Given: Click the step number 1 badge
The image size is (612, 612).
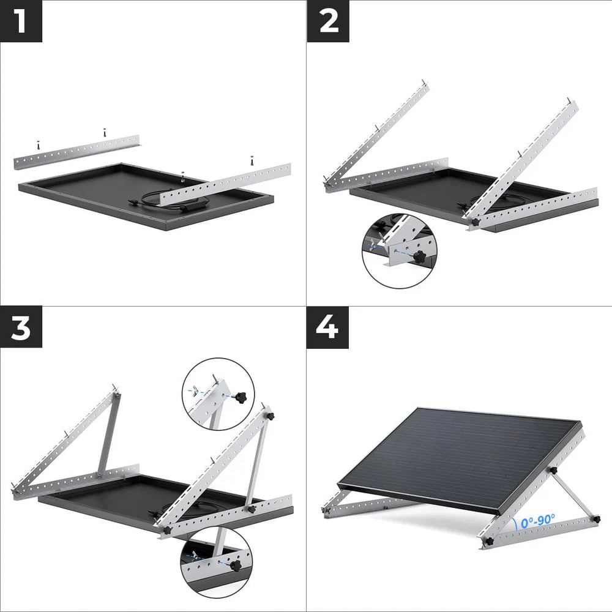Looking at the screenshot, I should pyautogui.click(x=21, y=21).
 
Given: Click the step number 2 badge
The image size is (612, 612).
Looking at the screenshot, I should pyautogui.click(x=327, y=21).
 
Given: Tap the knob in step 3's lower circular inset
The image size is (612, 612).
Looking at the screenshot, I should pyautogui.click(x=235, y=565).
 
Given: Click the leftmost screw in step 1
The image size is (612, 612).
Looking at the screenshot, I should pyautogui.click(x=38, y=145).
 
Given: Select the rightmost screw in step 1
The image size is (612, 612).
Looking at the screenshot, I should pyautogui.click(x=252, y=161).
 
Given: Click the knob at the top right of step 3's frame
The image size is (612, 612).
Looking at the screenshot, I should pyautogui.click(x=270, y=416).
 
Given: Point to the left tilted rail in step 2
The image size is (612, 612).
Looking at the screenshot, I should pyautogui.click(x=376, y=135).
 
